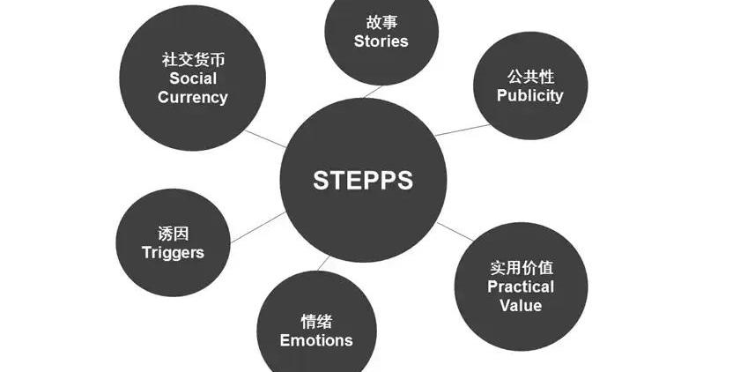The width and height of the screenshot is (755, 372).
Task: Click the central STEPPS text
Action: tap(363, 181)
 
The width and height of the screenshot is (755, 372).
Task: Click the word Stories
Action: tap(381, 41)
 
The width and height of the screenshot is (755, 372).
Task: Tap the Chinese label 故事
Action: tap(381, 21)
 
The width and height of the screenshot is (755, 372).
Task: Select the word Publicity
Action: tap(529, 95)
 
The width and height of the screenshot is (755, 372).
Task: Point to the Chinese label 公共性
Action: tap(529, 75)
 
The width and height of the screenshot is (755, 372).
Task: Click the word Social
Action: tap(193, 78)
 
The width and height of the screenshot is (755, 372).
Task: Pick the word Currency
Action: tap(193, 97)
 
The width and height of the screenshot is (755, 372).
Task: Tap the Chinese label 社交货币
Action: tap(193, 60)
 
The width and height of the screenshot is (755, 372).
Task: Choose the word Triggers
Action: tap(173, 252)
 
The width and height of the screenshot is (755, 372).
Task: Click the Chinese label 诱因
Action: tap(173, 234)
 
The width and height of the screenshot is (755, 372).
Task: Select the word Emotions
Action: tap(316, 340)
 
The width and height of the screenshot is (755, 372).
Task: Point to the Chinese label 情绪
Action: tap(316, 321)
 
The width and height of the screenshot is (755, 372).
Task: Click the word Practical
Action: tap(521, 286)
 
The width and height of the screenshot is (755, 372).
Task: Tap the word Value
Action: tap(521, 306)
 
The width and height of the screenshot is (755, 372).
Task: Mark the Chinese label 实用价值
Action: tap(521, 267)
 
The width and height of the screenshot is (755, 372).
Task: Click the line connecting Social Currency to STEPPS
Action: tap(265, 138)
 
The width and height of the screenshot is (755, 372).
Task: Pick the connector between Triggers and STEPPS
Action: tap(257, 227)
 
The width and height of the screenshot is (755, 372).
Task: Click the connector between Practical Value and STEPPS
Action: tap(455, 231)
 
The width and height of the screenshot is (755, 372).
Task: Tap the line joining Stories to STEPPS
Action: tap(373, 90)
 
